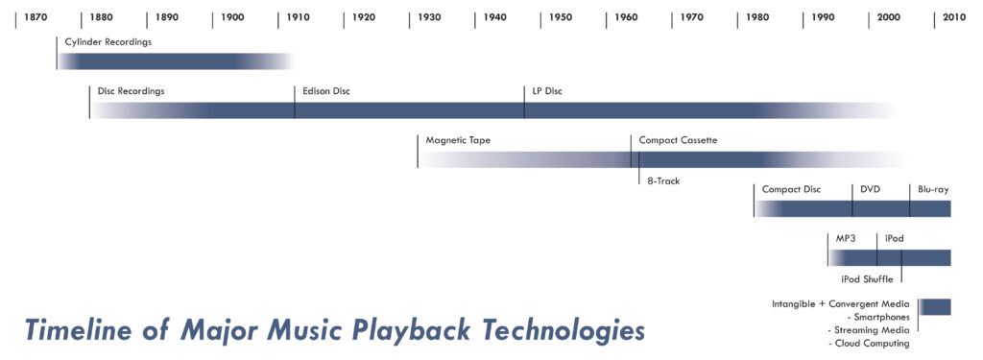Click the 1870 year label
pyautogui.click(x=36, y=17)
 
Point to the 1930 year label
pyautogui.click(x=429, y=17)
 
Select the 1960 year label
pyautogui.click(x=626, y=17)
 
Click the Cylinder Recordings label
pyautogui.click(x=108, y=42)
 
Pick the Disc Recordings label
pyautogui.click(x=131, y=91)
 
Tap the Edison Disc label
pyautogui.click(x=326, y=91)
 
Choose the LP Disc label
pyautogui.click(x=547, y=91)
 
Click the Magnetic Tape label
pyautogui.click(x=458, y=140)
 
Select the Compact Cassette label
pyautogui.click(x=679, y=140)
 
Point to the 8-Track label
pyautogui.click(x=663, y=180)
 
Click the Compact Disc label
pyautogui.click(x=791, y=189)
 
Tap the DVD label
pyautogui.click(x=871, y=189)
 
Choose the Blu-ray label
pyautogui.click(x=933, y=189)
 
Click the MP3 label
pyautogui.click(x=847, y=238)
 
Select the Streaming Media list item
pyautogui.click(x=869, y=330)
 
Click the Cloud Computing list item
pyautogui.click(x=869, y=344)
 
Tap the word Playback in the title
pyautogui.click(x=408, y=330)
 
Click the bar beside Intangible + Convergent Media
pyautogui.click(x=935, y=306)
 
